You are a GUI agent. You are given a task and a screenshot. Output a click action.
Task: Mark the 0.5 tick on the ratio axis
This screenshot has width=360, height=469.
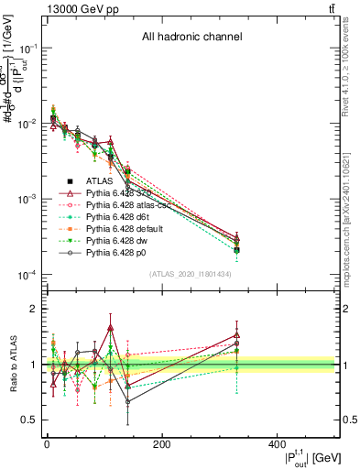pyautogui.click(x=28, y=420)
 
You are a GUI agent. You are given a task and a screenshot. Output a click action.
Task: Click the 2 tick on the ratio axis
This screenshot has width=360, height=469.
pyautogui.click(x=33, y=309)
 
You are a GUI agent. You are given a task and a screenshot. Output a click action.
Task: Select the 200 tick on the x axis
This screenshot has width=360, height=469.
pyautogui.click(x=161, y=445)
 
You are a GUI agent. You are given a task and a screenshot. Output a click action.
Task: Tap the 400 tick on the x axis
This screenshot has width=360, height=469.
pyautogui.click(x=277, y=445)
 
